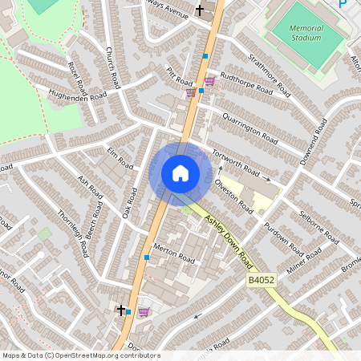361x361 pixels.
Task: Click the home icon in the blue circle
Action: point(180,173)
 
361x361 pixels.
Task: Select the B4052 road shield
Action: point(262,282)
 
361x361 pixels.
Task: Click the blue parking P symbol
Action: point(343,3)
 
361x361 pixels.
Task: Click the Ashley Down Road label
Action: point(225,237)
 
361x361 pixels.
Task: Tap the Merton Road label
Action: point(174,253)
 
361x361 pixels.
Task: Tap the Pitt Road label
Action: point(180,77)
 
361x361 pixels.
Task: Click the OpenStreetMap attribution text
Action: point(80,355)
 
